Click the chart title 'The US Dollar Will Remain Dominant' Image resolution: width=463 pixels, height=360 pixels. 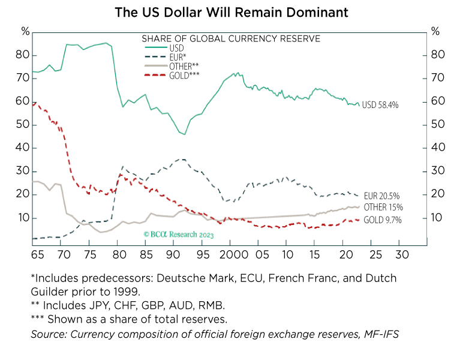click(x=231, y=11)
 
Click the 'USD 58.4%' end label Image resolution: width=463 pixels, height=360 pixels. click(x=380, y=105)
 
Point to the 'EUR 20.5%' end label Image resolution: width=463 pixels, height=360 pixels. click(x=382, y=196)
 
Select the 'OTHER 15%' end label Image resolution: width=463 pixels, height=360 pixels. click(x=383, y=208)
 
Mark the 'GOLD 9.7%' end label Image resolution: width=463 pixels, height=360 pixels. click(x=382, y=220)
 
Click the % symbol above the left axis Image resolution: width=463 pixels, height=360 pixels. click(x=25, y=31)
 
